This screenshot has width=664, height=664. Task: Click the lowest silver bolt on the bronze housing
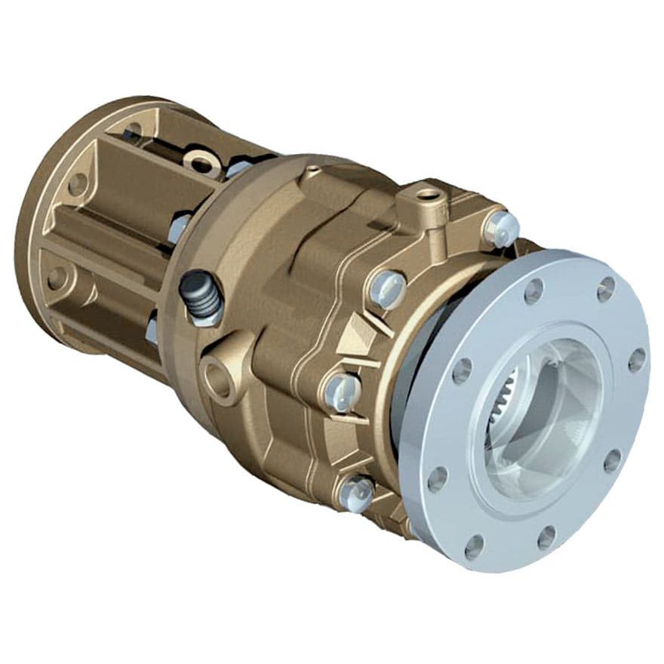(356, 492)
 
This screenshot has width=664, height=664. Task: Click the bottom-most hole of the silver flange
(474, 548)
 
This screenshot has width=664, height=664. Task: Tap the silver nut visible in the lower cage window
(152, 330)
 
